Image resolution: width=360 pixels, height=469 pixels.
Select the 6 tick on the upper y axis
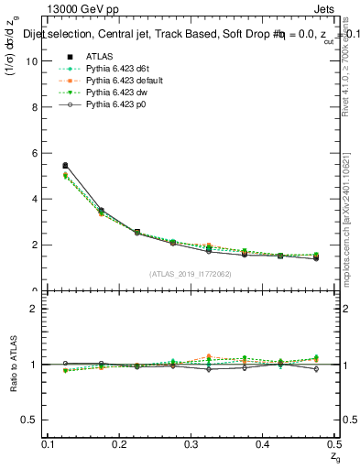pyautogui.click(x=35, y=153)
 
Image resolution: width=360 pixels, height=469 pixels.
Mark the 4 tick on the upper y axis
pyautogui.click(x=35, y=199)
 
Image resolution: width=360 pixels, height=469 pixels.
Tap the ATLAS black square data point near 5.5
pyautogui.click(x=65, y=166)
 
